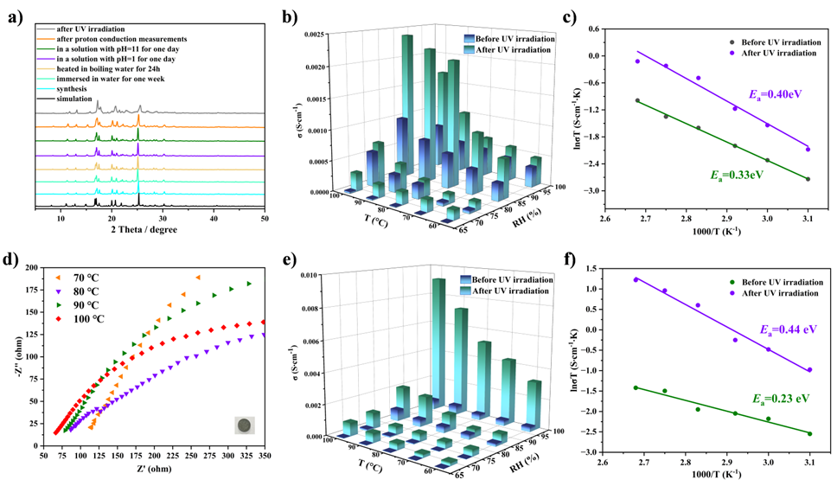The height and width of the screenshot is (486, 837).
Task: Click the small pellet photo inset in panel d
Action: [x=245, y=425]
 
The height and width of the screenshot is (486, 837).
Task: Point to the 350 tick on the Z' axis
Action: [x=265, y=453]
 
